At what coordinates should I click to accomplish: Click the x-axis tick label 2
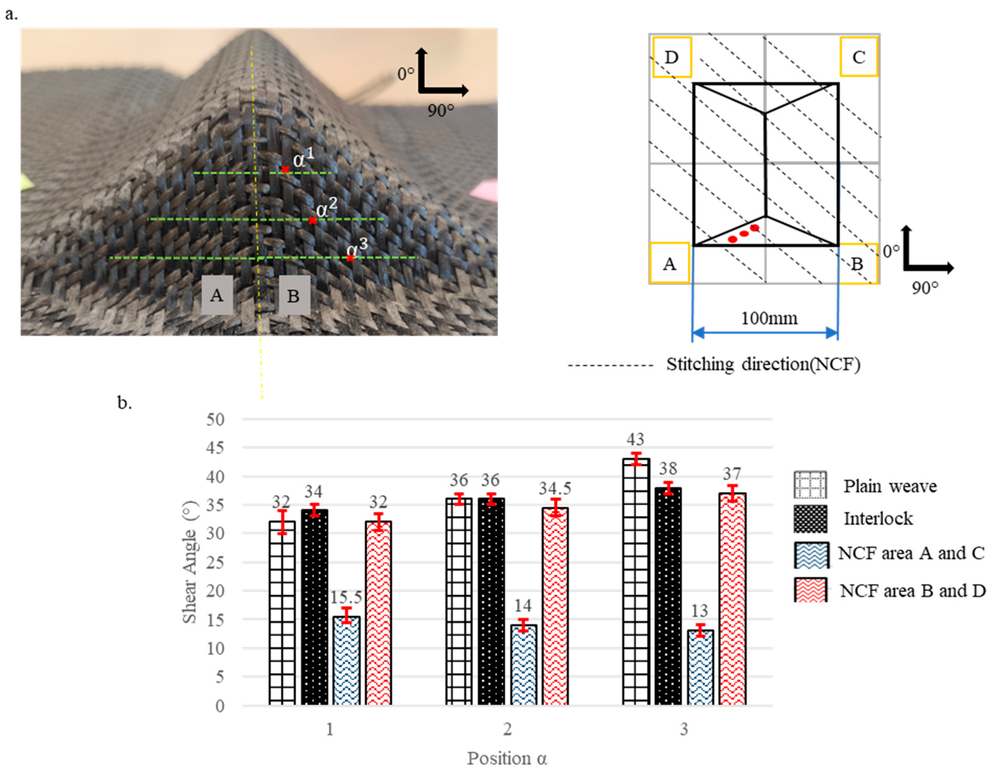(507, 729)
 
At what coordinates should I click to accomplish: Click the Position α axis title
(507, 758)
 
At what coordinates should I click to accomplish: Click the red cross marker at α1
(285, 170)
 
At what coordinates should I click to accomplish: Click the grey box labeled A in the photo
(217, 295)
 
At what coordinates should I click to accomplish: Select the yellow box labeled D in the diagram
(672, 57)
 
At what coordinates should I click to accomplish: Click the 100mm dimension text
(769, 319)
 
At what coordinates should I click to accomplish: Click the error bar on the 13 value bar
(701, 630)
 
